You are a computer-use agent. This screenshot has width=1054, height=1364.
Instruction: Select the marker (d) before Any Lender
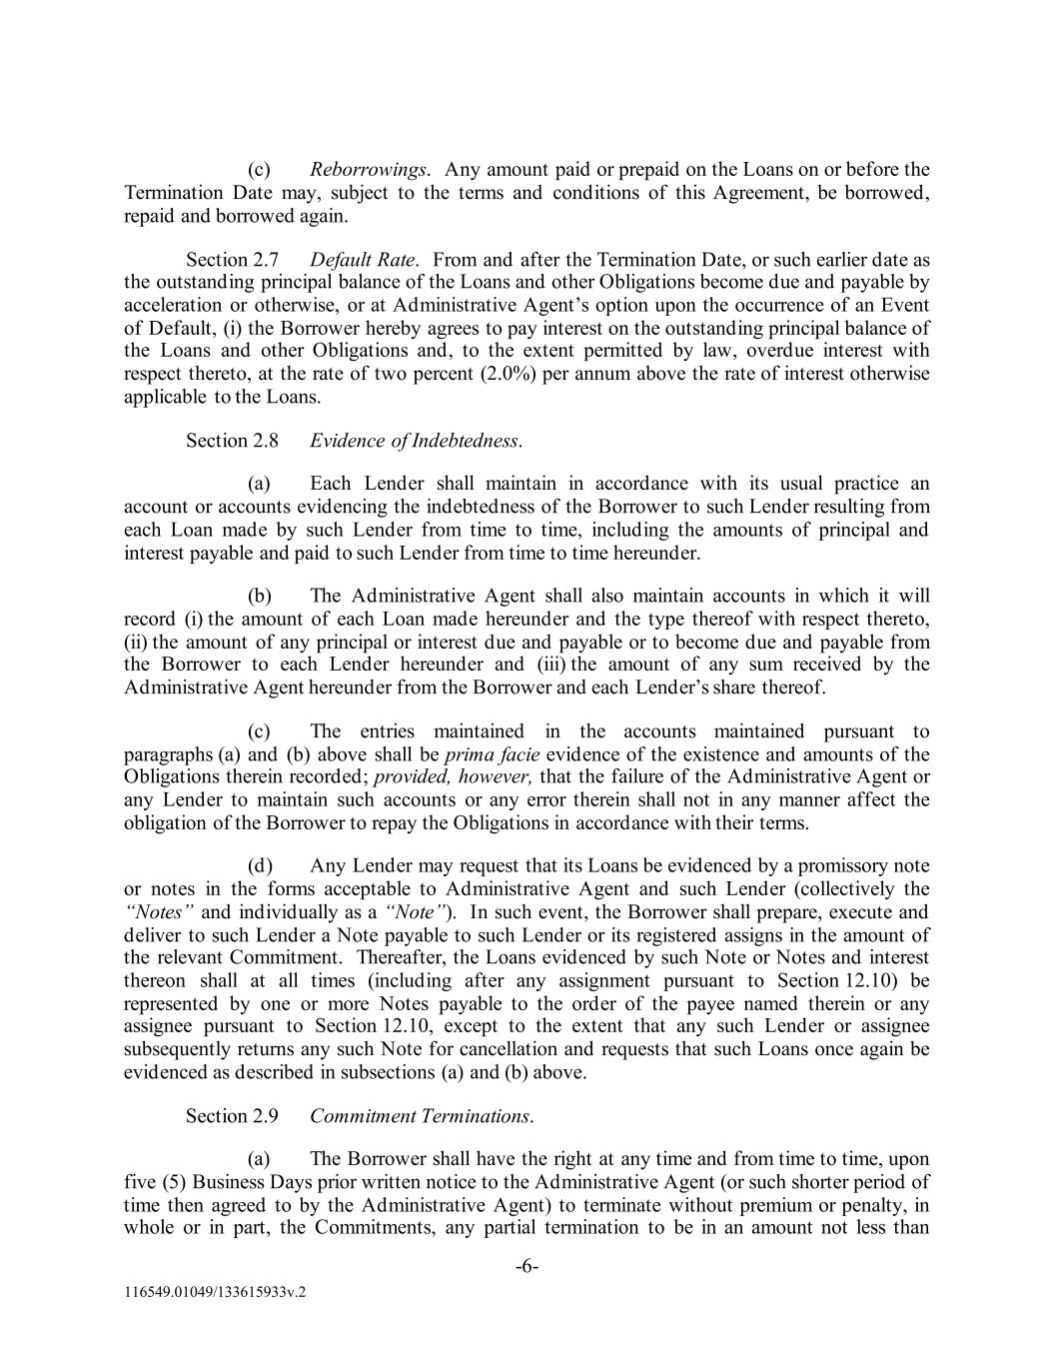(260, 865)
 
